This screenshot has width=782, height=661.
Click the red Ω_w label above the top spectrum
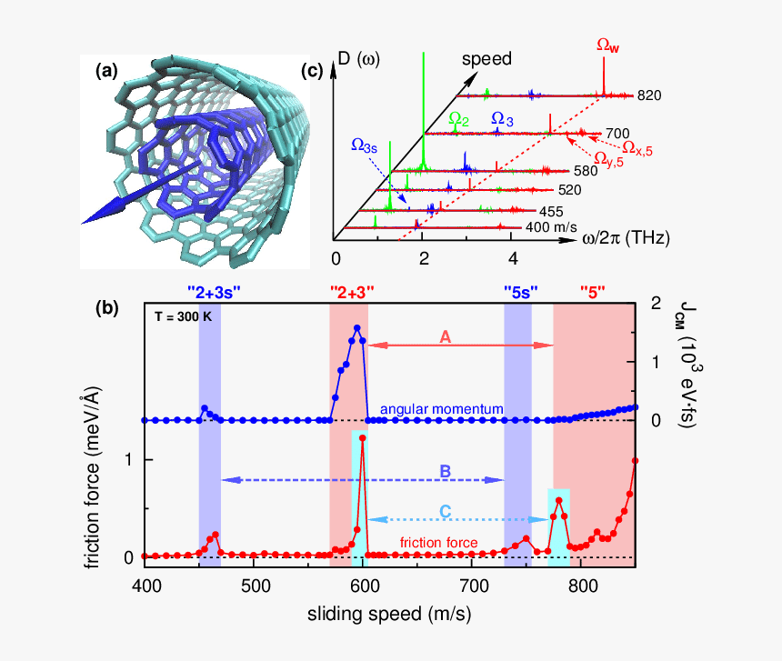pos(608,45)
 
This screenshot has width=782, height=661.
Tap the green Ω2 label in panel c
pos(459,119)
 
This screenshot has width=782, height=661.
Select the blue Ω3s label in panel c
pos(364,145)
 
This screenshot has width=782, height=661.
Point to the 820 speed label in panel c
pos(649,95)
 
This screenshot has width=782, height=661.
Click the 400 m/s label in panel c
pos(551,227)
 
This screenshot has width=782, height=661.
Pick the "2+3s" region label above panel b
pos(214,293)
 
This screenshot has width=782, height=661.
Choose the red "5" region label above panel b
pos(593,293)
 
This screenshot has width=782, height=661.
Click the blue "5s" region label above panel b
pos(521,293)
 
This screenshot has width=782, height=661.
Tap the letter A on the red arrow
pos(445,337)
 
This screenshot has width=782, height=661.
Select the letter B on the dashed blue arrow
pos(445,471)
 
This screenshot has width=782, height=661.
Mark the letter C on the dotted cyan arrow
pos(445,511)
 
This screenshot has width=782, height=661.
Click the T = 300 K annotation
pos(183,316)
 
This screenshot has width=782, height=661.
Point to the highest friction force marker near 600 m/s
pos(363,437)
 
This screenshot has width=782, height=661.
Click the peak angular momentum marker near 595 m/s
pos(357,327)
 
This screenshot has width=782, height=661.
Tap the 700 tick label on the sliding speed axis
pos(473,586)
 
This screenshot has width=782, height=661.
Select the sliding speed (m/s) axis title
pos(389,614)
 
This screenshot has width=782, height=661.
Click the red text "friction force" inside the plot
pos(438,543)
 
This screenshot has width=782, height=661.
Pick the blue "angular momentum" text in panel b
pos(442,409)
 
